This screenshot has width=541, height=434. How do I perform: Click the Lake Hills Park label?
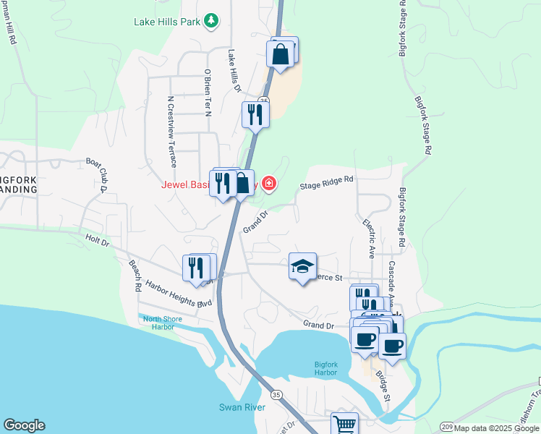(166, 22)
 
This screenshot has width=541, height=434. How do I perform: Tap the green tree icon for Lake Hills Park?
(211, 20)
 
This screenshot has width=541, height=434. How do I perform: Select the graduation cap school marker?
(303, 267)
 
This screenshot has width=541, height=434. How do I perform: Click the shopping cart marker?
(345, 424)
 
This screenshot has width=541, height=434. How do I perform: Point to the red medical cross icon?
(269, 184)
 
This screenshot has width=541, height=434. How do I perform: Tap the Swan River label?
(242, 407)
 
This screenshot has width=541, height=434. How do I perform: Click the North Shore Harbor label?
(158, 323)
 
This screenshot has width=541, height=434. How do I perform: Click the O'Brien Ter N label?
(207, 92)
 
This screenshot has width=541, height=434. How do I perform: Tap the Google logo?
(24, 425)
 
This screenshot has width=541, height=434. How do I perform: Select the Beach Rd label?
(135, 276)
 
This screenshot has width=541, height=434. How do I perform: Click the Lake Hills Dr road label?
(234, 70)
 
